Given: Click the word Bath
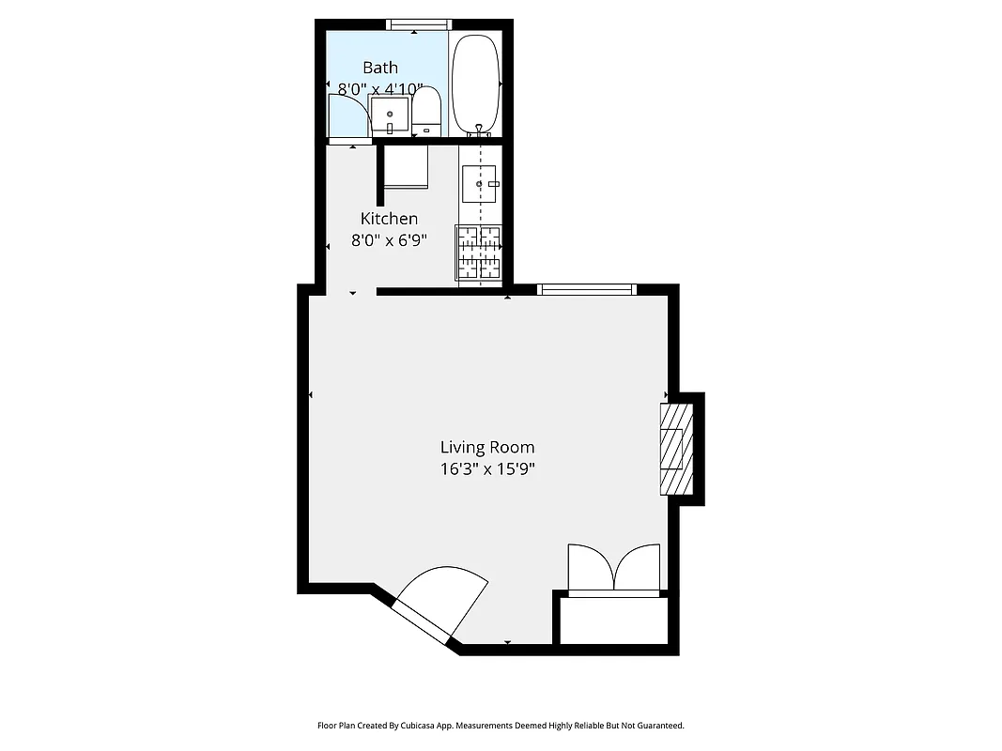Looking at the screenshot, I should point(380,68).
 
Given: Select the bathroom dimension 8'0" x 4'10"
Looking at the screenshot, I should point(380,89).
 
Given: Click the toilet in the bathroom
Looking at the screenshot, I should point(426,112).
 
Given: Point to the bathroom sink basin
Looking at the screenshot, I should point(390,115).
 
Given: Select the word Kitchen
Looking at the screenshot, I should point(389,219).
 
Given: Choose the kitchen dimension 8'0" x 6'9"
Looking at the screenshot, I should point(389,240).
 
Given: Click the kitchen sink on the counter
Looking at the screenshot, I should point(479,184).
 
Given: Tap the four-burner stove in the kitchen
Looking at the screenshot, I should point(479,253).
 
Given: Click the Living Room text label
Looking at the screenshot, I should point(487,448).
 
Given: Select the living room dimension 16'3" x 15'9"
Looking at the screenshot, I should point(487,469).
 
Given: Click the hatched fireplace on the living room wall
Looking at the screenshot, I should point(675,449).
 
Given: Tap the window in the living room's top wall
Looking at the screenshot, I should point(587,290).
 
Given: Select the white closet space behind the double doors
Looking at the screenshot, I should point(614,620).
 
